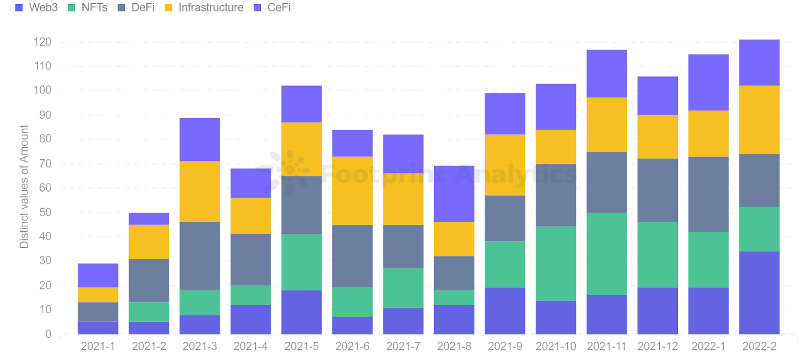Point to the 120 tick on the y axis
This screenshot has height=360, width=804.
pyautogui.click(x=42, y=42)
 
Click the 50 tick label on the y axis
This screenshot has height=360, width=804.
pyautogui.click(x=45, y=212)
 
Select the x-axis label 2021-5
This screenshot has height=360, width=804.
pyautogui.click(x=301, y=346)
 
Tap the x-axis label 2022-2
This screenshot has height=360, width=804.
pyautogui.click(x=759, y=346)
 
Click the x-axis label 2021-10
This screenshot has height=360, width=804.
pyautogui.click(x=556, y=346)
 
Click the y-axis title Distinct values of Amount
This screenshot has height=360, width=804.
pyautogui.click(x=24, y=187)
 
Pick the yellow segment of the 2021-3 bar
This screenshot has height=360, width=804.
pyautogui.click(x=200, y=192)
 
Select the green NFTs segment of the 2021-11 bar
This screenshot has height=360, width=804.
pyautogui.click(x=607, y=253)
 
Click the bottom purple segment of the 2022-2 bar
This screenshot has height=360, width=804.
pyautogui.click(x=759, y=293)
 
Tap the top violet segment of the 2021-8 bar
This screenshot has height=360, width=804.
pyautogui.click(x=454, y=194)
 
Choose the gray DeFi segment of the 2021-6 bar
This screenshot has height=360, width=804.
pyautogui.click(x=352, y=256)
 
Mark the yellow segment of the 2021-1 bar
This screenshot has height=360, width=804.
pyautogui.click(x=98, y=295)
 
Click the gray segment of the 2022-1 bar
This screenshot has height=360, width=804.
pyautogui.click(x=709, y=194)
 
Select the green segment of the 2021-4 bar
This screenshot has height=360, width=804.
pyautogui.click(x=251, y=295)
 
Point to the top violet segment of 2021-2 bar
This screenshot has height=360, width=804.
pyautogui.click(x=149, y=219)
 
